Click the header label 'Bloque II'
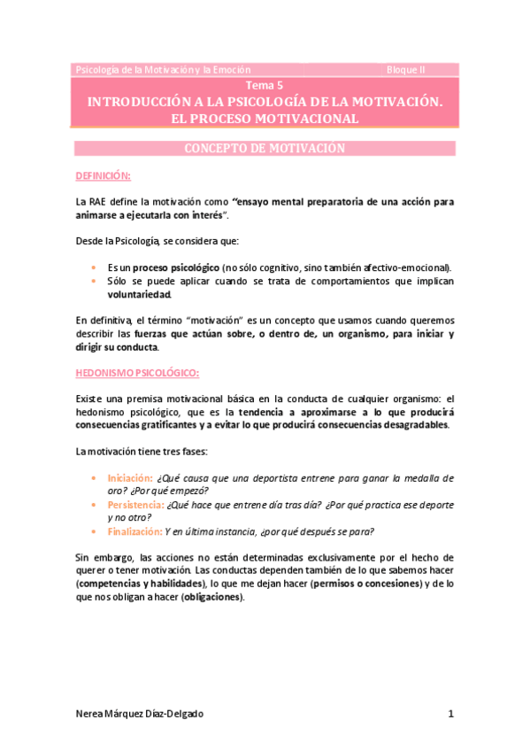tap(405, 69)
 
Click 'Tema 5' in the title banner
tap(264, 86)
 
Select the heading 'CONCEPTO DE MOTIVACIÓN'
tap(264, 148)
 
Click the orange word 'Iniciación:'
tap(130, 477)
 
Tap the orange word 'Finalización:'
tap(135, 531)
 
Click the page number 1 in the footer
tap(450, 714)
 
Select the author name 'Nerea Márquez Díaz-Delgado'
tap(145, 714)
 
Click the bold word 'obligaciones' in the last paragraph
tap(210, 597)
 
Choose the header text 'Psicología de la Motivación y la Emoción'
tap(164, 69)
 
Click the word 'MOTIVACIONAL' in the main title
tap(303, 118)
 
